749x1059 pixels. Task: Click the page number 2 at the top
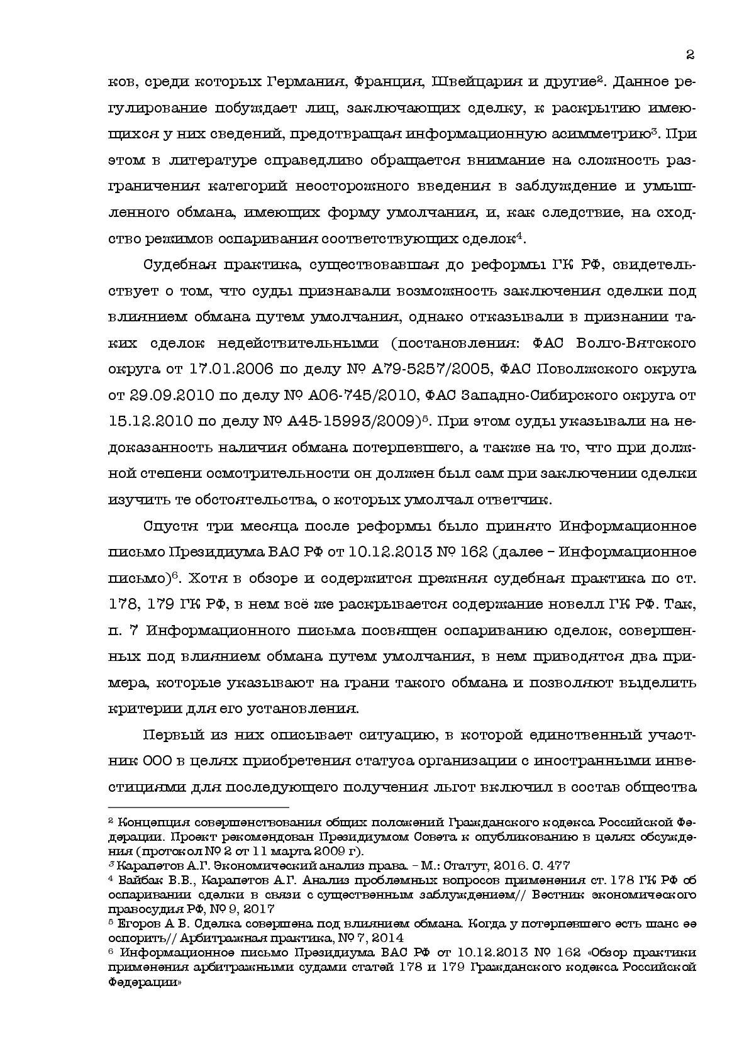coord(690,55)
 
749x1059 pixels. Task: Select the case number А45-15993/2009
coord(353,420)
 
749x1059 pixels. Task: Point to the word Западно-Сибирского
coord(540,394)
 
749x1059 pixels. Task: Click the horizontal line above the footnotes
coord(199,806)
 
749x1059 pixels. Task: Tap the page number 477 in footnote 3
coord(557,865)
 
